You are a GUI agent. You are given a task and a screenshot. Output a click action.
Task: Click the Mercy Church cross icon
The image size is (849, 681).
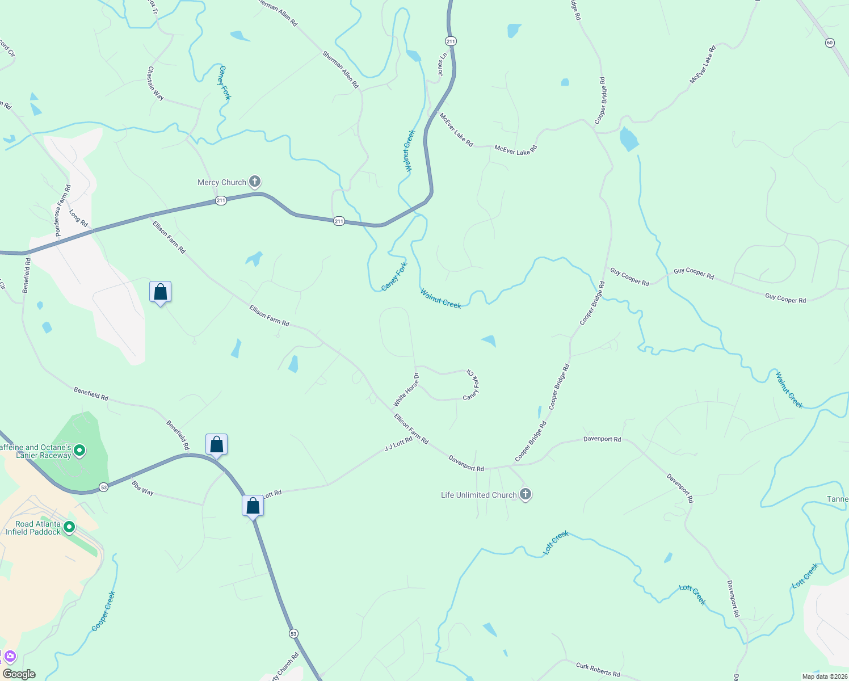tap(255, 182)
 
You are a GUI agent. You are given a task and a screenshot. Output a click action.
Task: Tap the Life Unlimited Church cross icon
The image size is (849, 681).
tap(526, 494)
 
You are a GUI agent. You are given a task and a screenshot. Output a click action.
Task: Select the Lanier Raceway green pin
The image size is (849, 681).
tap(80, 451)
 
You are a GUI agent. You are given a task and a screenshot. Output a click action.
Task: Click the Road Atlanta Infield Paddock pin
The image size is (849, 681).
tap(69, 528)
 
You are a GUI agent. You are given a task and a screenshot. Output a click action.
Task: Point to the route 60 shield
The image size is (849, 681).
tap(830, 43)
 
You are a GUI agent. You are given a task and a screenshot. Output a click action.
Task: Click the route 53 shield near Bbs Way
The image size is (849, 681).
tap(103, 487)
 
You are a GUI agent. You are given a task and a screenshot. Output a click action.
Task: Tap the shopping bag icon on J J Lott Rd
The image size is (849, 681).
tap(253, 505)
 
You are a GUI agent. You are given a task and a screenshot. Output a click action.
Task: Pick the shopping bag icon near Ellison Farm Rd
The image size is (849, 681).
tap(160, 292)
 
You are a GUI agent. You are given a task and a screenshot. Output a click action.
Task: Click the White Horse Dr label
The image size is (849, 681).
tap(406, 390)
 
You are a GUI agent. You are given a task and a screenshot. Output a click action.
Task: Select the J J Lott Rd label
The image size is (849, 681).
tap(398, 444)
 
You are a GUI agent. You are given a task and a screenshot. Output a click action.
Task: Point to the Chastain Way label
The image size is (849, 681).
tap(155, 84)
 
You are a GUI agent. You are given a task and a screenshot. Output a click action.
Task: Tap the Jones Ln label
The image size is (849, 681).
tap(442, 65)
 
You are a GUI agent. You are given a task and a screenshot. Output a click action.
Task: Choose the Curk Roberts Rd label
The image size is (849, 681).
tap(598, 670)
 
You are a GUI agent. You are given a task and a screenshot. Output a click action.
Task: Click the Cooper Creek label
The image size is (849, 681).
tap(103, 612)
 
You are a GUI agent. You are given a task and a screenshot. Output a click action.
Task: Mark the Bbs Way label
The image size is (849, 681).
tap(142, 488)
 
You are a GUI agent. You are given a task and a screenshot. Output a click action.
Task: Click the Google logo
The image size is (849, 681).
tap(19, 674)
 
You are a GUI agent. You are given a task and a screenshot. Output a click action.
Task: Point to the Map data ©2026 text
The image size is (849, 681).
tap(824, 676)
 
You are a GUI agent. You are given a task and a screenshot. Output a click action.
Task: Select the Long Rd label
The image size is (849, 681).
tap(78, 218)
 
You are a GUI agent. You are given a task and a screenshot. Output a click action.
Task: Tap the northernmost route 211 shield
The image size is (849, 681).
tap(451, 41)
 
